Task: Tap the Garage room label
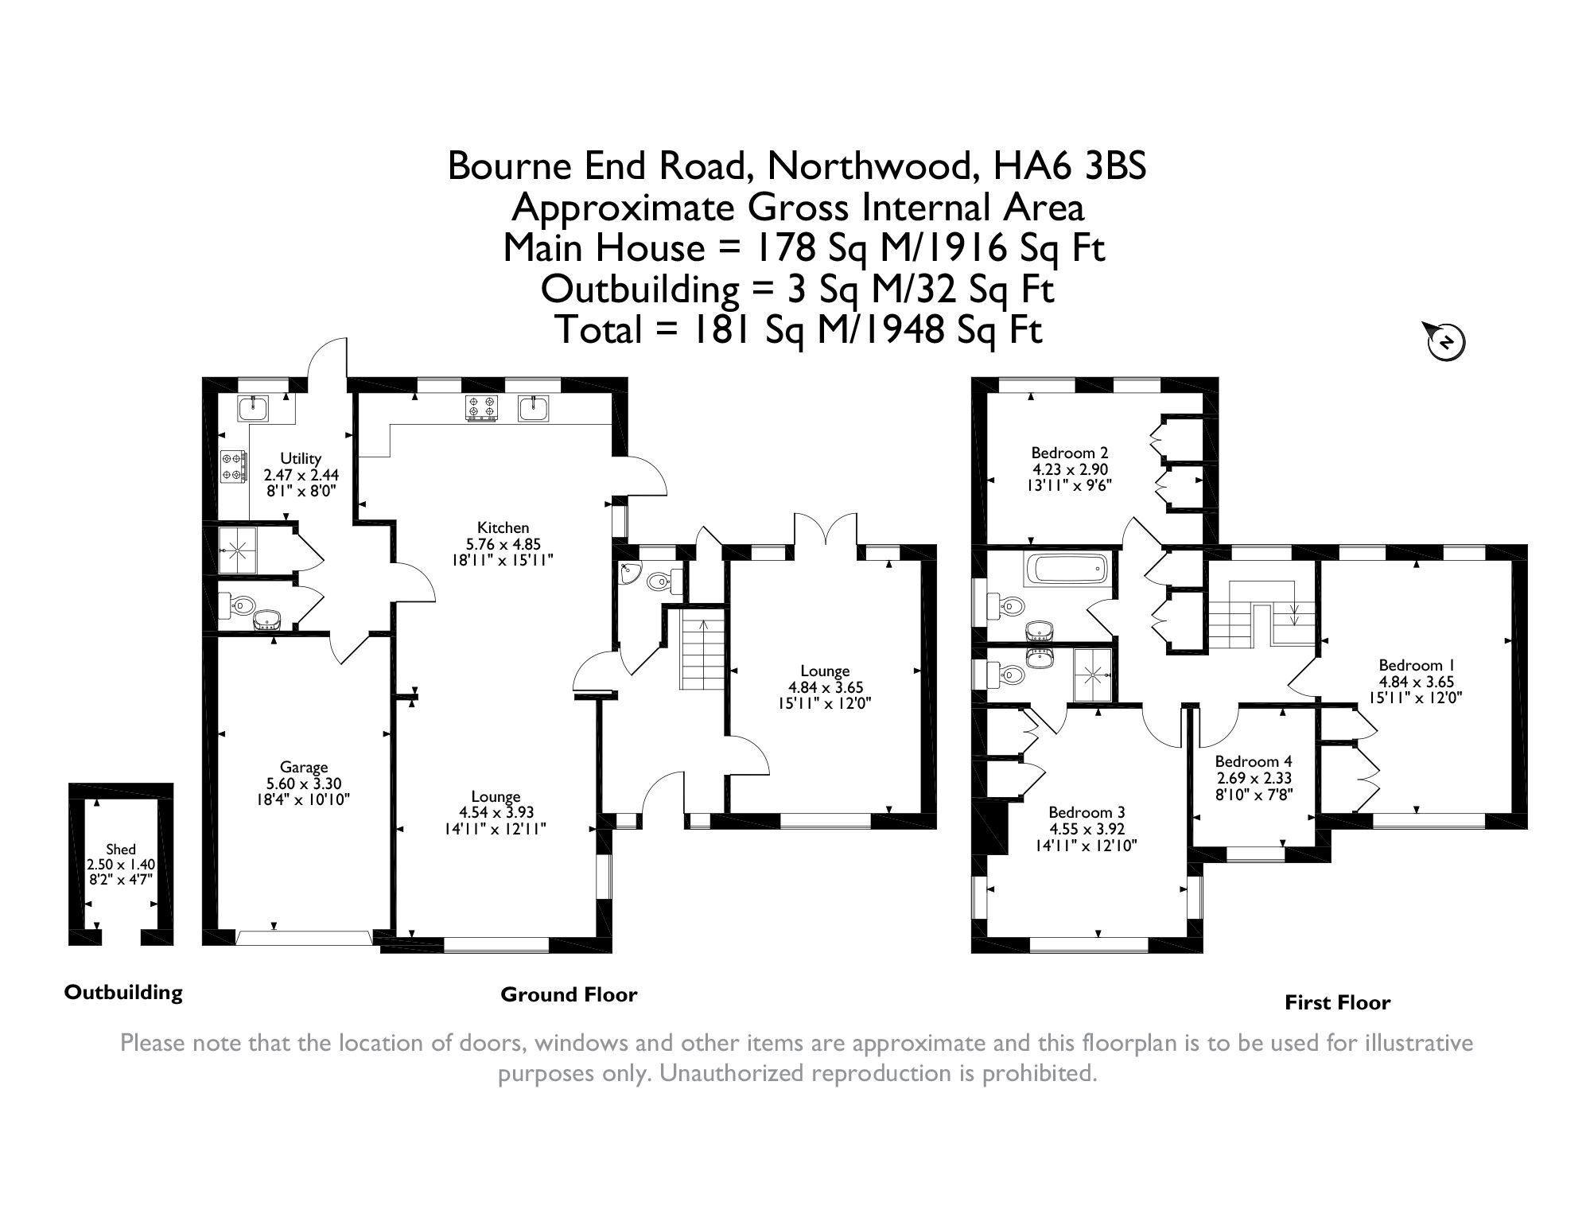pyautogui.click(x=304, y=768)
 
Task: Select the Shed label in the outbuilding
pyautogui.click(x=121, y=850)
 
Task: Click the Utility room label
pyautogui.click(x=301, y=458)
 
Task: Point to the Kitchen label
pyautogui.click(x=503, y=527)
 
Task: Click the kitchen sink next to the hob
pyautogui.click(x=534, y=408)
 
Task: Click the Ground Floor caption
pyautogui.click(x=569, y=994)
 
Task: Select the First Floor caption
pyautogui.click(x=1338, y=1003)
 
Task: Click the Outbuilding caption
pyautogui.click(x=123, y=993)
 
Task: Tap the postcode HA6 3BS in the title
pyautogui.click(x=1070, y=166)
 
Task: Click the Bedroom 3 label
pyautogui.click(x=1087, y=813)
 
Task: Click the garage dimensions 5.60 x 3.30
pyautogui.click(x=305, y=783)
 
